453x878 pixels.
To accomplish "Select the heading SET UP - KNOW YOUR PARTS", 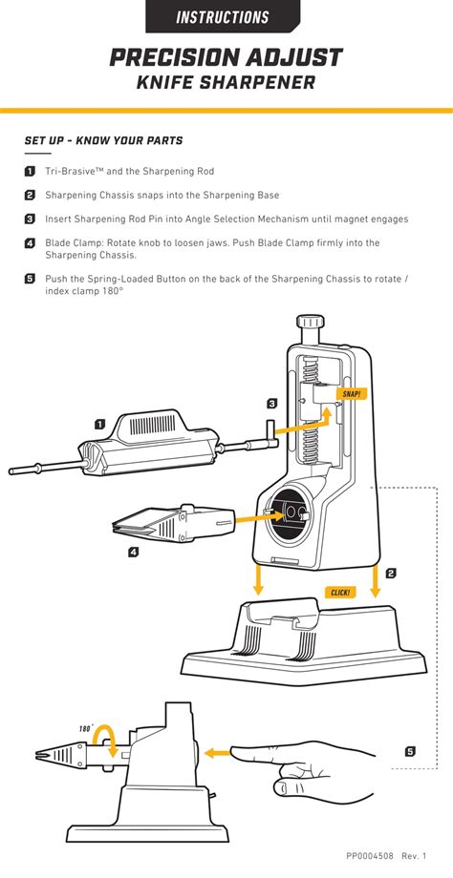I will point(103,141).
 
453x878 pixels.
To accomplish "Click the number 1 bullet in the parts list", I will point(30,172).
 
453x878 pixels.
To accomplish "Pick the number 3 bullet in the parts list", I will point(30,219).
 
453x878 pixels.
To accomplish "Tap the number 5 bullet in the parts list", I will point(30,280).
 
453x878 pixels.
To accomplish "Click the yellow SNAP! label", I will point(353,393).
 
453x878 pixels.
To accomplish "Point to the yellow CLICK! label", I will point(340,592).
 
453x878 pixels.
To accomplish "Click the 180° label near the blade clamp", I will point(84,728).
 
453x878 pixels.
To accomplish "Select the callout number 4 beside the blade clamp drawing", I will point(133,552).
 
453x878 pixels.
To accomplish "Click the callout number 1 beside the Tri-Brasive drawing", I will point(99,424).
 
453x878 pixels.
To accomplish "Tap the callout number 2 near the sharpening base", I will point(391,574).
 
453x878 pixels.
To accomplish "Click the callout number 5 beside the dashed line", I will point(410,751).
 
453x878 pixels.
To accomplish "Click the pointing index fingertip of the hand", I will point(237,753).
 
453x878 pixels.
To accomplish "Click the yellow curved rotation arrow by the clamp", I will point(108,742).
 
